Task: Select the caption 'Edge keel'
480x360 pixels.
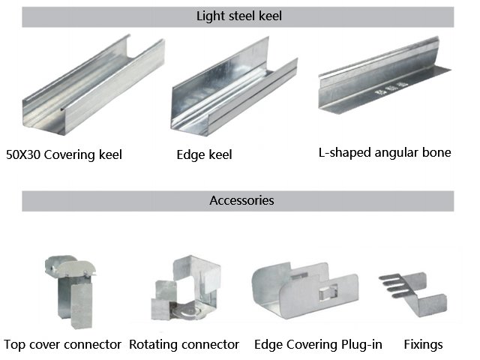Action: click(204, 155)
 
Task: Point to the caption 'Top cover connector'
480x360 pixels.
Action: click(62, 345)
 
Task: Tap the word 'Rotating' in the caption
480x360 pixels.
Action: click(152, 345)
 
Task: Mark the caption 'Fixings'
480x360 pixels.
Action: click(423, 345)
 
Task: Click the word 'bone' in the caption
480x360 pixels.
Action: click(436, 152)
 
